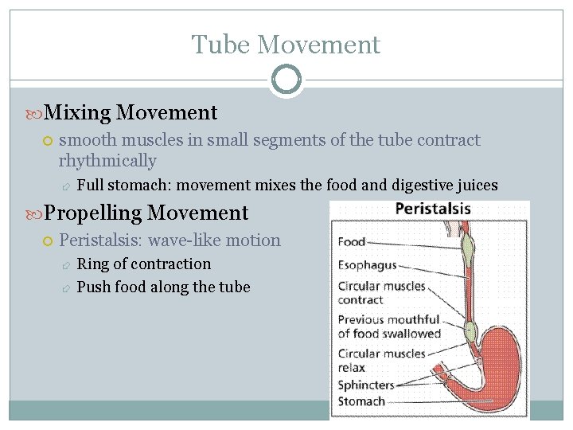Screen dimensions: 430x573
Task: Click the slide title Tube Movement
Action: point(286,45)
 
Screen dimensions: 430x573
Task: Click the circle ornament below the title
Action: point(286,80)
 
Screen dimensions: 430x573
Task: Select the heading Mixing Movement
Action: point(131,113)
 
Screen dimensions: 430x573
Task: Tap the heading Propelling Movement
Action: point(146,213)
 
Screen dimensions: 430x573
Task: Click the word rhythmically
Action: point(107,161)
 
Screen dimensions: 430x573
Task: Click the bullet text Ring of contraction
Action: point(144,264)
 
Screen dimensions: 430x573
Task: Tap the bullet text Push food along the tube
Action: point(163,287)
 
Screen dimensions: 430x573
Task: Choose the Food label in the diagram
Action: point(352,242)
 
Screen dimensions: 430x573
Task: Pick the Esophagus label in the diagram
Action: point(367,266)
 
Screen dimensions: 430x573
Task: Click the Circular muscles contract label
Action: point(381,293)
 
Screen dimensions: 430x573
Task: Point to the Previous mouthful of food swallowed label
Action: point(389,326)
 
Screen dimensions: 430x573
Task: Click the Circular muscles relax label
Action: point(381,361)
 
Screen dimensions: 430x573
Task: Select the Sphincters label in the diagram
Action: point(366,385)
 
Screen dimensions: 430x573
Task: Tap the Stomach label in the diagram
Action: point(361,402)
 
